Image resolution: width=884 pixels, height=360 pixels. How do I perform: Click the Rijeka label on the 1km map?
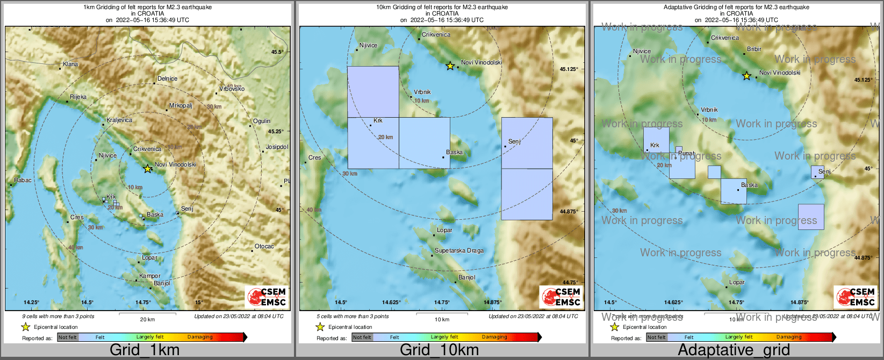tap(78, 97)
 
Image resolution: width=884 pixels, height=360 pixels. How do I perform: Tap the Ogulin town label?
tap(262, 121)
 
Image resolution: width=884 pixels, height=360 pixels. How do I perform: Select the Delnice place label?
tap(167, 79)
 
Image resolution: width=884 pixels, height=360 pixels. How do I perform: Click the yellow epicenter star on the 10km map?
tap(450, 66)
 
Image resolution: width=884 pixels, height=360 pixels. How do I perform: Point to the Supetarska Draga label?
tap(459, 251)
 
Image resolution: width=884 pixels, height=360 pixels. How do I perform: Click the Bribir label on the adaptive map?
tap(754, 49)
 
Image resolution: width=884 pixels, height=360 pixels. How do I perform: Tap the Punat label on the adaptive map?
tap(687, 153)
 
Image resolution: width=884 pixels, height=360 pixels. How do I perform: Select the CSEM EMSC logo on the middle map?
tap(561, 297)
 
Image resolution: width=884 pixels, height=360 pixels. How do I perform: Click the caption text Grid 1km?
tap(145, 350)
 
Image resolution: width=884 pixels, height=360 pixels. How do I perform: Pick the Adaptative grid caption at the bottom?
tap(734, 350)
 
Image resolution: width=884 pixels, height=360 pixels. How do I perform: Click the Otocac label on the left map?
tap(264, 247)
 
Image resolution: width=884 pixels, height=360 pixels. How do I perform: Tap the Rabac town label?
tap(23, 181)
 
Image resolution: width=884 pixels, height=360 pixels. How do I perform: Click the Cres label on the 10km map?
tap(314, 158)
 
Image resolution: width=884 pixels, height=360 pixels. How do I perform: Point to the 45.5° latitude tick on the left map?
tap(277, 52)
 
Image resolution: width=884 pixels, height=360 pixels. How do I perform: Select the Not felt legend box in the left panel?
tap(68, 337)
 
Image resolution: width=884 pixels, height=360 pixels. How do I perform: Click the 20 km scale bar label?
tap(147, 320)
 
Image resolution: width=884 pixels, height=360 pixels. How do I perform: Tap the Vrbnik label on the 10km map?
tap(422, 92)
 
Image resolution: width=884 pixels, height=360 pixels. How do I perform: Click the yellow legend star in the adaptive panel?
tap(614, 327)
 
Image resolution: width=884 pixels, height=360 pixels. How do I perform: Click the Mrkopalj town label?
tap(180, 106)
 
